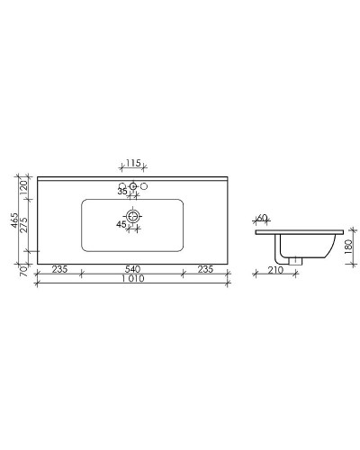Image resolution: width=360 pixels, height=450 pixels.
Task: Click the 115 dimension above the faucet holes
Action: (x=132, y=163)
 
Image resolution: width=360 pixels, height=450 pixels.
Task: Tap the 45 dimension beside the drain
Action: (x=121, y=225)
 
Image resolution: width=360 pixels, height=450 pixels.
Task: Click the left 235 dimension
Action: (x=59, y=269)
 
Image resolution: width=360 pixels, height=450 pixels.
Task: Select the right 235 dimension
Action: (x=206, y=269)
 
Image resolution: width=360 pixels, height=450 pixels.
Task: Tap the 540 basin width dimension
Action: (x=133, y=269)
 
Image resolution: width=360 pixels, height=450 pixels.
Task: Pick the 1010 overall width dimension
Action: (x=132, y=280)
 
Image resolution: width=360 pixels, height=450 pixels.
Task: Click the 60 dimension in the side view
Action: (x=262, y=219)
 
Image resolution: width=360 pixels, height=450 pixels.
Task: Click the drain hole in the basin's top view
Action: (x=133, y=217)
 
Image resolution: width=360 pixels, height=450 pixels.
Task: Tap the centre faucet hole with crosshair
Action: (x=133, y=186)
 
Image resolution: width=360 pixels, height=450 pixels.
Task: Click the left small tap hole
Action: (x=123, y=186)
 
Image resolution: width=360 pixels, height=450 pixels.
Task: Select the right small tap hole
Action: (x=143, y=186)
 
